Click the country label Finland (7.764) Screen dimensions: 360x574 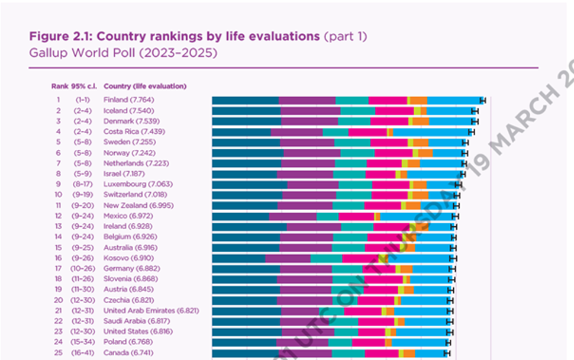128,100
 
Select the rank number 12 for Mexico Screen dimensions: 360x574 59,216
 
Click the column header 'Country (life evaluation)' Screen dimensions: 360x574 145,86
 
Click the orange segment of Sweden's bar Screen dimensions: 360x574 421,143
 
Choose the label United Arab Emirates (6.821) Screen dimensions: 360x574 151,310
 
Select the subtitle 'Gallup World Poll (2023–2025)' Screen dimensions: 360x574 123,53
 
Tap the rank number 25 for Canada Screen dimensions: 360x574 59,352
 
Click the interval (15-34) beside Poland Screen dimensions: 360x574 81,342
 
